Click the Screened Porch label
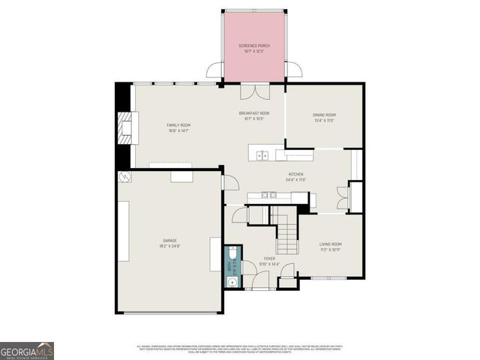(x=254, y=46)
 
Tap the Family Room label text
(x=178, y=124)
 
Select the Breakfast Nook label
(x=254, y=113)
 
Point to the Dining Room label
(x=323, y=115)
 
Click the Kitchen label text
(x=295, y=174)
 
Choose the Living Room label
(x=331, y=244)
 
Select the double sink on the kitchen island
(x=262, y=155)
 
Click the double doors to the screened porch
(x=254, y=91)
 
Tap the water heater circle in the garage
(x=124, y=178)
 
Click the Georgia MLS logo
(x=26, y=350)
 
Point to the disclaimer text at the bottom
(x=240, y=349)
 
